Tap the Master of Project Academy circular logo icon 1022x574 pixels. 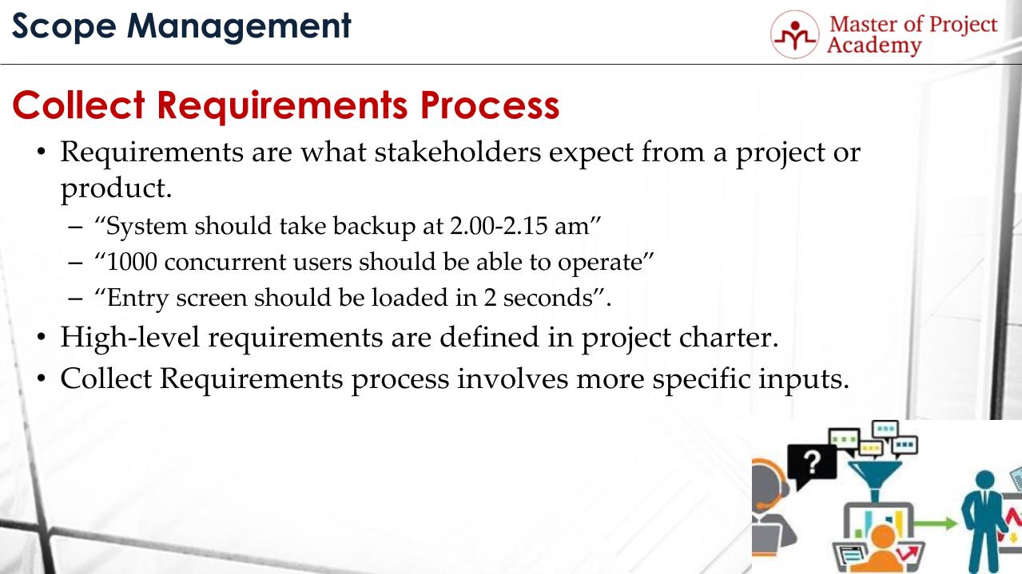pyautogui.click(x=794, y=34)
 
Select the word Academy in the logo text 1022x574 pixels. pyautogui.click(x=873, y=46)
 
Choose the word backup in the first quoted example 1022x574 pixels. pyautogui.click(x=376, y=226)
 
